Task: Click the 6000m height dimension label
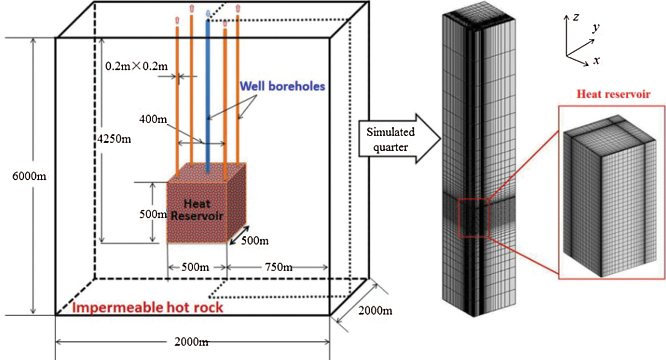(x=29, y=176)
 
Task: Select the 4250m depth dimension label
(x=114, y=139)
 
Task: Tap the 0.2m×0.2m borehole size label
(x=136, y=67)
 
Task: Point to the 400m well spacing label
(x=153, y=119)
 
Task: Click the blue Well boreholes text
(x=282, y=86)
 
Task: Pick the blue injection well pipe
(x=208, y=95)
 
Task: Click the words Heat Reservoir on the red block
(x=197, y=210)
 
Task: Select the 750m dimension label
(x=279, y=267)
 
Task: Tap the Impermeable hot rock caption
(x=148, y=307)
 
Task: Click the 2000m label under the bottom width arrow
(x=191, y=342)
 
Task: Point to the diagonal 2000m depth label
(x=375, y=311)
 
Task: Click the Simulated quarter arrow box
(x=391, y=139)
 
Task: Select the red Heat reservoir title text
(x=613, y=94)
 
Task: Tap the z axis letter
(x=576, y=17)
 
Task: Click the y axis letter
(x=596, y=27)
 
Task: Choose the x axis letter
(x=596, y=60)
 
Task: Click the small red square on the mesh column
(x=473, y=218)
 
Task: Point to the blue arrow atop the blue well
(x=208, y=14)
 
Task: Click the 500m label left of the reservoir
(x=153, y=214)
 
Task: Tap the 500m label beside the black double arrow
(x=255, y=241)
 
